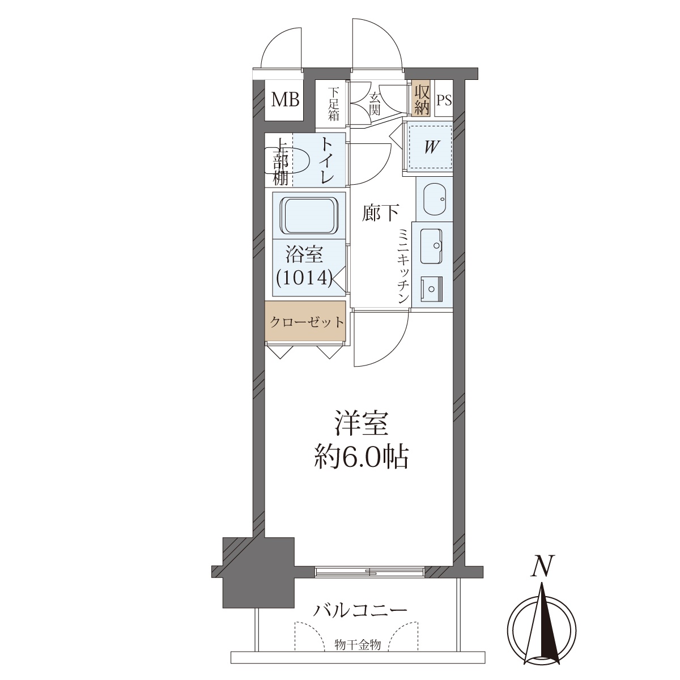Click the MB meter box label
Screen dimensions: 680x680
[285, 100]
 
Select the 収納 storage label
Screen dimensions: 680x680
[422, 100]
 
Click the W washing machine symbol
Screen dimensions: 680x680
[430, 147]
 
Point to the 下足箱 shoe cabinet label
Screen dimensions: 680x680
[333, 104]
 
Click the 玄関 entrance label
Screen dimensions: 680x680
[375, 104]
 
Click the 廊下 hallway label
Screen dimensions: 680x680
[381, 213]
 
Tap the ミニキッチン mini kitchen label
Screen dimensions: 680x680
[403, 266]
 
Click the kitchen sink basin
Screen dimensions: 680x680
[431, 246]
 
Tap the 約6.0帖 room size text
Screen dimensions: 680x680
[362, 458]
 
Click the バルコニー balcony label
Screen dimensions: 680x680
[360, 610]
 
